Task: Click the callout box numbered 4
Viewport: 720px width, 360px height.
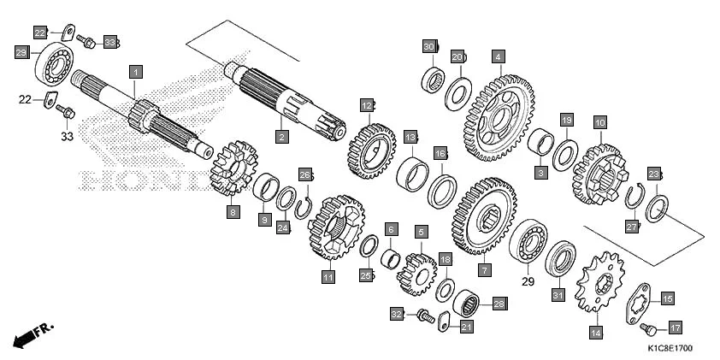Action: pos(498,56)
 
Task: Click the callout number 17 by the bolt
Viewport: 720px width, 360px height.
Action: pos(675,328)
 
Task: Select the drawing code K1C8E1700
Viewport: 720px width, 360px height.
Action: pos(669,349)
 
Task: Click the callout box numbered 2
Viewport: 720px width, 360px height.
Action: pos(281,136)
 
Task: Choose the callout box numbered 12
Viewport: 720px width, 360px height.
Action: pos(367,105)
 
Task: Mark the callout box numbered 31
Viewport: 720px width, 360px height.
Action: pos(558,296)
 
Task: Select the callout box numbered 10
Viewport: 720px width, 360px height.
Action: pos(599,123)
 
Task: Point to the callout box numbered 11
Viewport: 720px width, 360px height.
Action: pos(328,277)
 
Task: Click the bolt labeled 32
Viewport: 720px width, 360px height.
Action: pos(423,317)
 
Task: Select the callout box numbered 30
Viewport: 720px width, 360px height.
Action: pos(429,46)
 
